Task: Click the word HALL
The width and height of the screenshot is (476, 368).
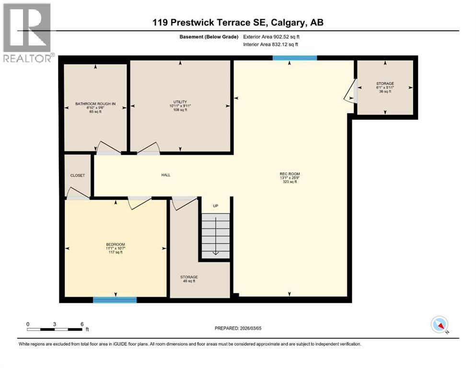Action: point(166,175)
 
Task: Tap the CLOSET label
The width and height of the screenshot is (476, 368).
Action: point(77,175)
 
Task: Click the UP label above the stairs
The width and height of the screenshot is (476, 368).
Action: point(215,206)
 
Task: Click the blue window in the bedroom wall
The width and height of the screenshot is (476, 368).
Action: point(115,300)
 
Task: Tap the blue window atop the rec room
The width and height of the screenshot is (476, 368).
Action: point(294,58)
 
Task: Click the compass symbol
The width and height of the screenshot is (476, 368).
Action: point(439,325)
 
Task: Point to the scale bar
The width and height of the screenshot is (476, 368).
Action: point(55,329)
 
